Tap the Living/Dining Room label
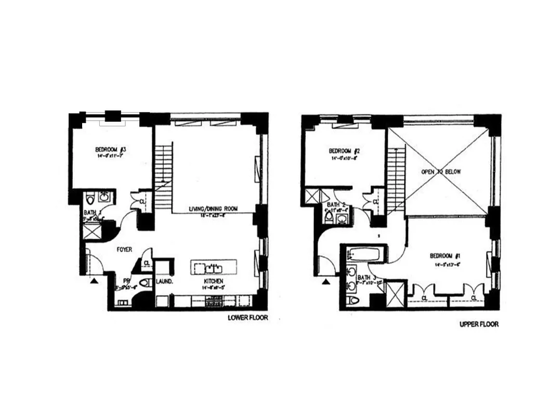click(213, 209)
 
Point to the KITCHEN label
click(214, 282)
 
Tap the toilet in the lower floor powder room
click(146, 283)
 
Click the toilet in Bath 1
click(90, 198)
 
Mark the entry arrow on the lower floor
click(94, 281)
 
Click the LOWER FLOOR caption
click(248, 317)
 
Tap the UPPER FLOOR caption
click(479, 324)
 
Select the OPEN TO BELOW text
click(441, 171)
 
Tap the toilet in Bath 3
click(353, 301)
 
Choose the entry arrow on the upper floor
click(326, 282)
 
